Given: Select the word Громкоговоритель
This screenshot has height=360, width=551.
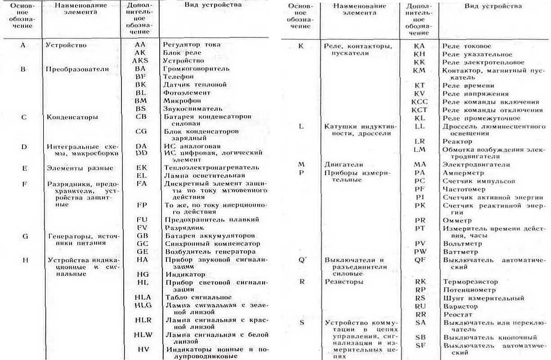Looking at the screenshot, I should point(196,69).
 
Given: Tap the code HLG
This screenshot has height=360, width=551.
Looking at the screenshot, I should point(143,305).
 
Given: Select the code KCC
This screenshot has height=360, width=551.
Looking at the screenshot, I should point(420,102).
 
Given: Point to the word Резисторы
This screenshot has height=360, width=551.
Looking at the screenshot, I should point(344,282).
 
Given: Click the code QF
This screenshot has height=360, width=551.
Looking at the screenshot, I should point(420,260).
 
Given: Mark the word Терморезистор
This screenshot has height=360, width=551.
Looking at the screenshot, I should point(470,282).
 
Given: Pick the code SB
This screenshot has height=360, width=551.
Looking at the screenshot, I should point(420,337).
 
